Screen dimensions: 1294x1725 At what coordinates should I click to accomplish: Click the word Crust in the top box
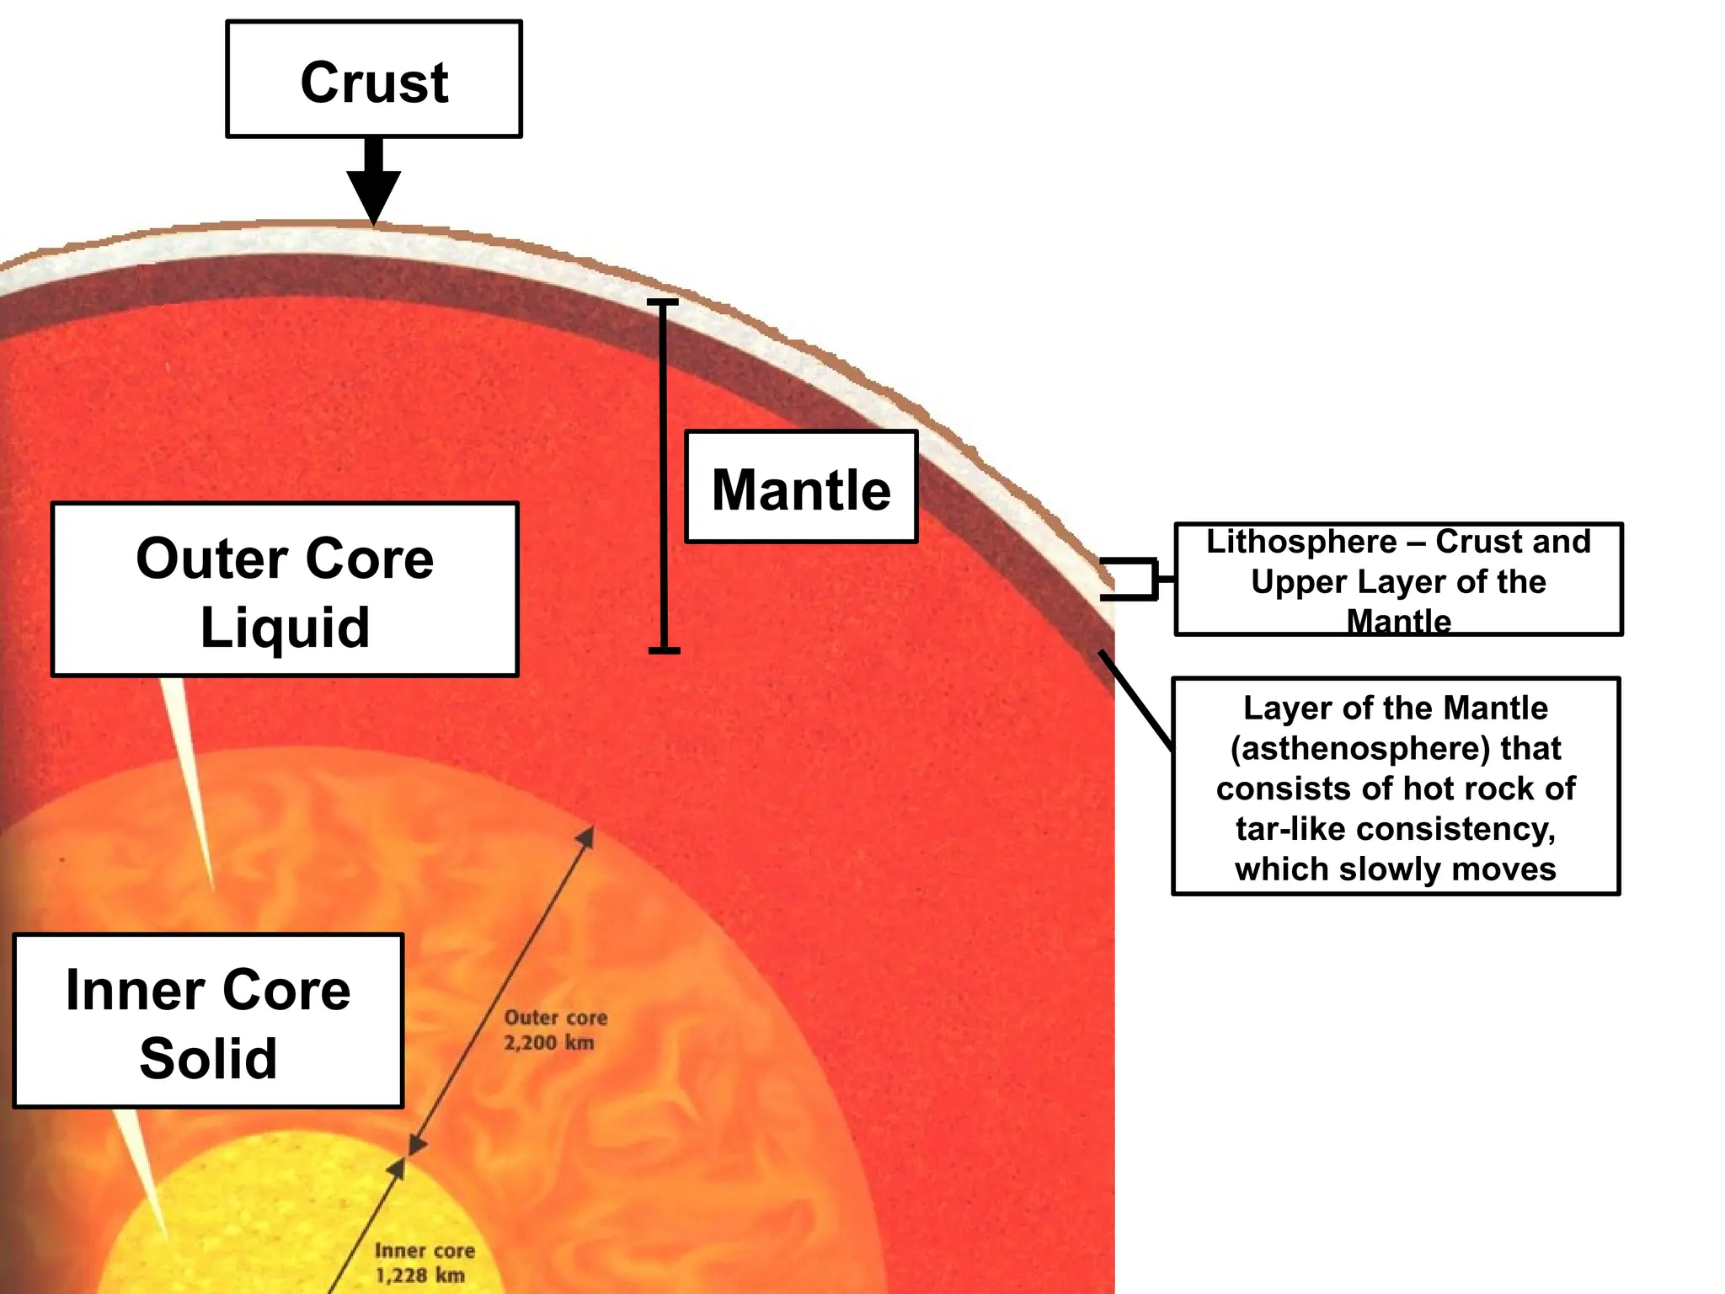pyautogui.click(x=374, y=83)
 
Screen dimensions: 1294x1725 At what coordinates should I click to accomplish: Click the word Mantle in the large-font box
pyautogui.click(x=801, y=490)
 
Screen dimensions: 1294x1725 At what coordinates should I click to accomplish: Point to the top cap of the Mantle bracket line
pyautogui.click(x=663, y=302)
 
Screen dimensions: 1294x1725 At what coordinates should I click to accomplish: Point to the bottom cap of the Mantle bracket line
pyautogui.click(x=664, y=650)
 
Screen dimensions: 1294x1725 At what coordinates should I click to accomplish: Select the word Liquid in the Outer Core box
pyautogui.click(x=285, y=628)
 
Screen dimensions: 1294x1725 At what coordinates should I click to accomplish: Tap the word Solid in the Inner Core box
pyautogui.click(x=208, y=1058)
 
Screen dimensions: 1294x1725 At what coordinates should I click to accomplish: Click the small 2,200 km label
pyautogui.click(x=548, y=1043)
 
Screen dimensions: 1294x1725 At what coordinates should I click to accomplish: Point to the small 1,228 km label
pyautogui.click(x=419, y=1275)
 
